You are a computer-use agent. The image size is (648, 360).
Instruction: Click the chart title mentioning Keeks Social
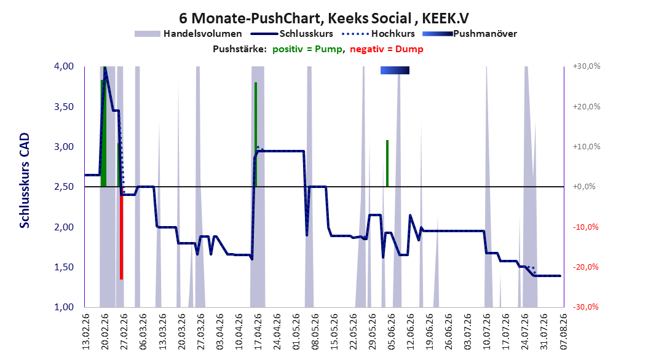coord(324,18)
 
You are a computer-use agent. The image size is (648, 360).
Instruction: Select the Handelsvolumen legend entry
coord(189,34)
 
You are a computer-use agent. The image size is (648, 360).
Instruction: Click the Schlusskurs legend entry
coord(292,34)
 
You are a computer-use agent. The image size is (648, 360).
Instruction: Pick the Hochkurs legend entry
coord(379,34)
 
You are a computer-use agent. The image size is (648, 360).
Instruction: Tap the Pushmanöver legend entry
coord(470,34)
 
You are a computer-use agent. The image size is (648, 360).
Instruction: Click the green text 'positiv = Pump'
coord(307,49)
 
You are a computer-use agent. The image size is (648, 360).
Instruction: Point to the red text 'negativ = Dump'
coord(387,49)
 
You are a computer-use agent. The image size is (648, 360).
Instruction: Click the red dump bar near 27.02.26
coord(122,233)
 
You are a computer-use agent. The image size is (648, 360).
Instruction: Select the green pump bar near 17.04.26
coord(256,135)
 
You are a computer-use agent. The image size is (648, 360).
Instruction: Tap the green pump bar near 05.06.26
coord(387,163)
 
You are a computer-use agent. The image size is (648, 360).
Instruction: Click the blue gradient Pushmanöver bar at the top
coord(395,70)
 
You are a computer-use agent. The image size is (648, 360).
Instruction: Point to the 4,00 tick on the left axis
coord(64,66)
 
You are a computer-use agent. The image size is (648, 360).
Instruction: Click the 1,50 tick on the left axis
coord(64,267)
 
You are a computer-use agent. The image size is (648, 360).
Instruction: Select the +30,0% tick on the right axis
coord(587,66)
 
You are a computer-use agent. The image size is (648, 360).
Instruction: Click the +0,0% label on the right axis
coord(584,187)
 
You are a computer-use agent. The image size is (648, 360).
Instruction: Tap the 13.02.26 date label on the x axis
coord(86,332)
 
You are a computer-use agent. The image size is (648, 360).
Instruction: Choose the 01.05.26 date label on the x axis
coord(296,332)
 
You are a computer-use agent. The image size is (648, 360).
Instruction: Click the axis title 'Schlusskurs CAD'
coord(25,181)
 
